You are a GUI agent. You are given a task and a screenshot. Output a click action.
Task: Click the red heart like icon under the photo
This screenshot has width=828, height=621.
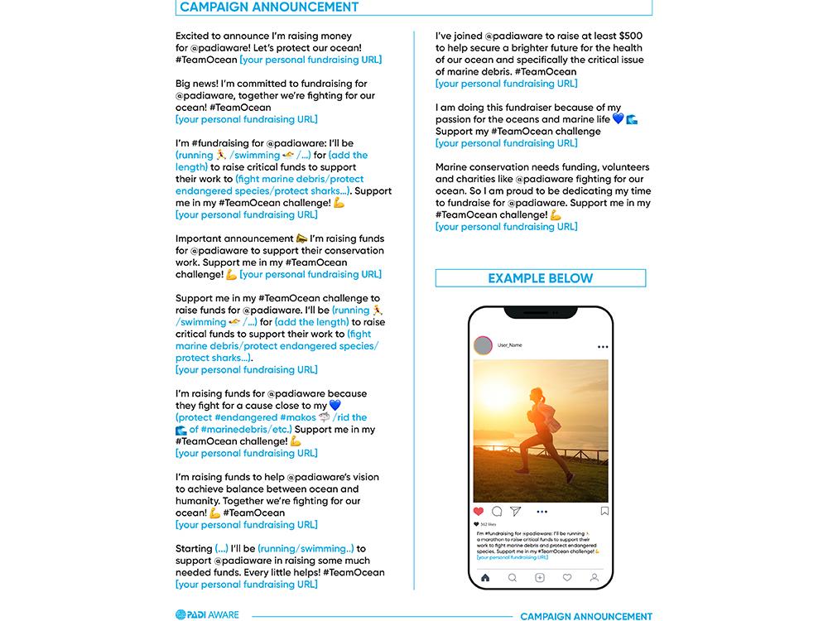(x=479, y=512)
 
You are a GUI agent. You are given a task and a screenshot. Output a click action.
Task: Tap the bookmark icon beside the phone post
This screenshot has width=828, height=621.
(x=604, y=512)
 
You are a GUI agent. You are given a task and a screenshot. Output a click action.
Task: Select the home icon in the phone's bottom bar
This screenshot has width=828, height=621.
(x=485, y=577)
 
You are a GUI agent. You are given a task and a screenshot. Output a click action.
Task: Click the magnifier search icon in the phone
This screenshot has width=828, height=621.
(x=513, y=577)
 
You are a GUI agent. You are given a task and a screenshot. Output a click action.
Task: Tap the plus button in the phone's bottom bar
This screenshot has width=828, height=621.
(x=540, y=577)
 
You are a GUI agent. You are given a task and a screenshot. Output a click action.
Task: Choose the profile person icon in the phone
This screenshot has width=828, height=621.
(x=595, y=577)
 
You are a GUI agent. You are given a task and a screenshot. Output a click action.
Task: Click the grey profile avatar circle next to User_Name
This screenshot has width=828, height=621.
(x=484, y=346)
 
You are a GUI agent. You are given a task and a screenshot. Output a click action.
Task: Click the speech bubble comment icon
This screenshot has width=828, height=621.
(x=497, y=512)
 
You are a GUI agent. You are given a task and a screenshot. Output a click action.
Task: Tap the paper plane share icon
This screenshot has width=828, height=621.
(x=515, y=512)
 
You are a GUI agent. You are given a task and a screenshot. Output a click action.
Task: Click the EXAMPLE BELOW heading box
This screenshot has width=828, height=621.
(x=540, y=278)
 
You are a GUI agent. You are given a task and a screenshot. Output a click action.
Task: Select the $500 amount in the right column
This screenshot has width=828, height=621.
(x=628, y=36)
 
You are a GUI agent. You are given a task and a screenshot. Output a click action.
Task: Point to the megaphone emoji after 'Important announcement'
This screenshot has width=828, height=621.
(x=301, y=238)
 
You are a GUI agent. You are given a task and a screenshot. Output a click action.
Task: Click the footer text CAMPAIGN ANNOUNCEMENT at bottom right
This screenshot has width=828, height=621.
(x=586, y=616)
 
